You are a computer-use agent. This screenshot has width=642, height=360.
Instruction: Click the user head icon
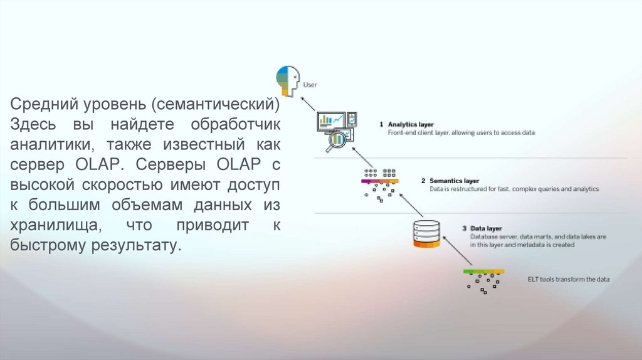click(288, 80)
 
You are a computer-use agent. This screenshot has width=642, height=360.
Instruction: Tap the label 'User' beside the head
click(310, 84)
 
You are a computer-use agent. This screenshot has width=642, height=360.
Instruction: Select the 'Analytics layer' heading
click(410, 124)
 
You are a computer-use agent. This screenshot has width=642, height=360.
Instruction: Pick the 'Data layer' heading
click(487, 228)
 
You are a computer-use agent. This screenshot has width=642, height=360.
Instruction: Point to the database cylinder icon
click(426, 233)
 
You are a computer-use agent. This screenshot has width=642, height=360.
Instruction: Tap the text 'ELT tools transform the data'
click(568, 279)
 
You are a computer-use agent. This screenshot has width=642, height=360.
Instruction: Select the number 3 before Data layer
click(463, 228)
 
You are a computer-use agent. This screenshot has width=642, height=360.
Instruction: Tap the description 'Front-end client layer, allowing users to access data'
click(461, 133)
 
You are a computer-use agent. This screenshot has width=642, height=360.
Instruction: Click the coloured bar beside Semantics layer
click(379, 181)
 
